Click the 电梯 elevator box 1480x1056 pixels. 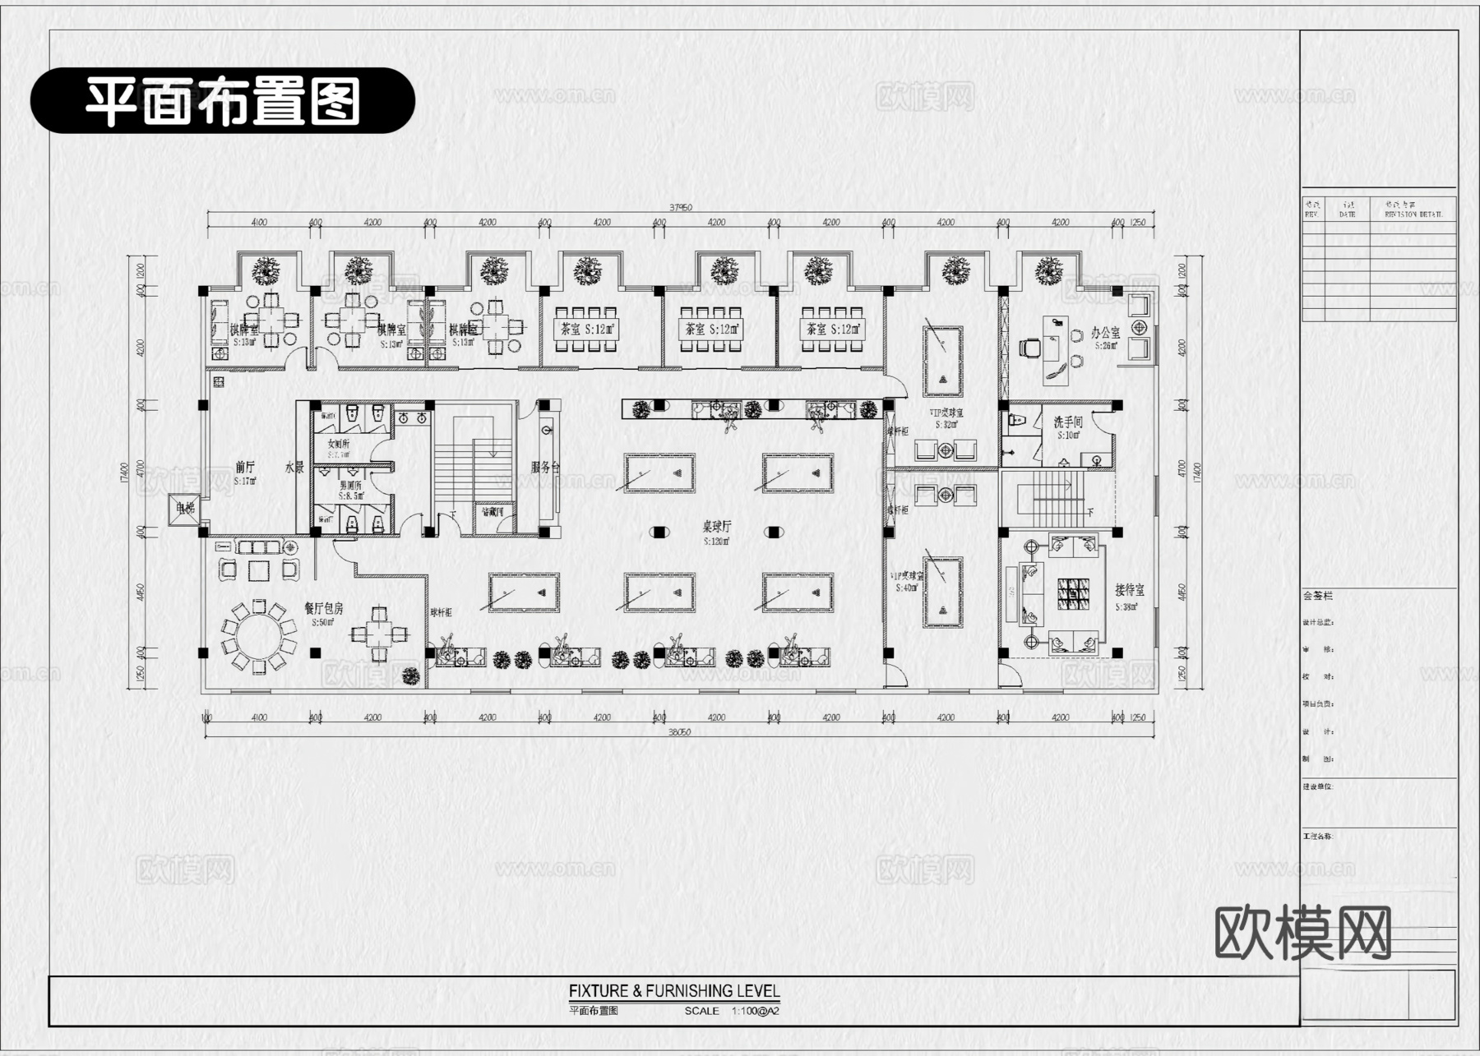(x=183, y=510)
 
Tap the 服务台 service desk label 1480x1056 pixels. (x=544, y=467)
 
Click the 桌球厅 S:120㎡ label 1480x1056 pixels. (x=716, y=532)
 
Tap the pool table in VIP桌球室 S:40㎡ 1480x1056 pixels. (x=942, y=593)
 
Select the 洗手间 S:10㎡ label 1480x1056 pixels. (x=1067, y=427)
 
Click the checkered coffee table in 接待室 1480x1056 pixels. (x=1073, y=593)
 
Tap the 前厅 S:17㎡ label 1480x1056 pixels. (x=245, y=472)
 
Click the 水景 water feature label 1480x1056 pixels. (x=294, y=468)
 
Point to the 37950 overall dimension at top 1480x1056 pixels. (x=680, y=207)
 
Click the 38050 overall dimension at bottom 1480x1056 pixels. (x=679, y=731)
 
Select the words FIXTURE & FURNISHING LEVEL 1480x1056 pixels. (x=674, y=991)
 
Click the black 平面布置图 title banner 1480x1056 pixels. (x=222, y=101)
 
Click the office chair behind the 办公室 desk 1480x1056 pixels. (x=1028, y=348)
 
